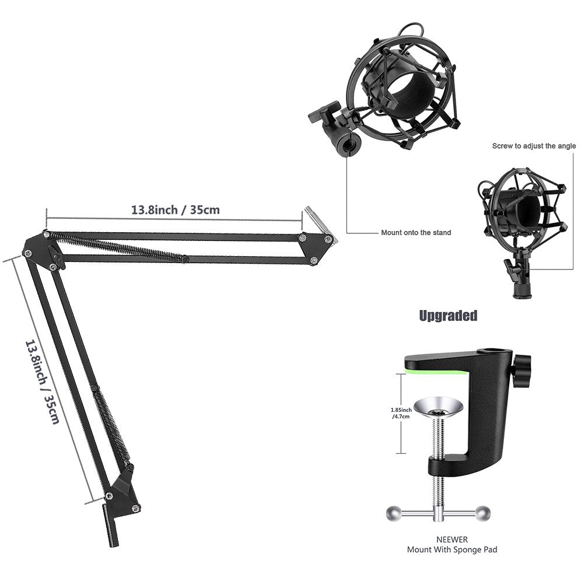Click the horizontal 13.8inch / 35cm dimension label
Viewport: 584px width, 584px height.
pyautogui.click(x=175, y=209)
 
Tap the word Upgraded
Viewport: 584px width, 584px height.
pyautogui.click(x=448, y=316)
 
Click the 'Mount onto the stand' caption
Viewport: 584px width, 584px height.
pyautogui.click(x=416, y=233)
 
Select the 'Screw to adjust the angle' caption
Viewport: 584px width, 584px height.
pyautogui.click(x=534, y=146)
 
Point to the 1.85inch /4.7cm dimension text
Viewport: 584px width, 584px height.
pyautogui.click(x=401, y=414)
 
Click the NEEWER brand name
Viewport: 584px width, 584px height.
pyautogui.click(x=452, y=540)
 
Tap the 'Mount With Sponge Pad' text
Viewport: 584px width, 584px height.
pyautogui.click(x=452, y=550)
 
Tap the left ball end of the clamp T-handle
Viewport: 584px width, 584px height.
pyautogui.click(x=394, y=513)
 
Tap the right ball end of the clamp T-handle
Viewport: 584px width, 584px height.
pyautogui.click(x=482, y=513)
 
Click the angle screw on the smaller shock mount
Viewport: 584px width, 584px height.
pyautogui.click(x=509, y=269)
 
